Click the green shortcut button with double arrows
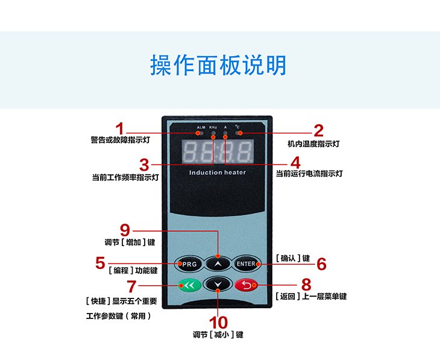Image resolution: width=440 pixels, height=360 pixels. click(x=188, y=285)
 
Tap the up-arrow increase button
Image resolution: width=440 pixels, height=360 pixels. click(x=217, y=264)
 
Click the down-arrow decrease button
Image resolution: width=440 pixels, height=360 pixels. click(x=217, y=283)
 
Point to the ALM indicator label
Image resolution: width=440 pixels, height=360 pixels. click(x=201, y=127)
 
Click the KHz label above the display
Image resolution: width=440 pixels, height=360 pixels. click(x=213, y=127)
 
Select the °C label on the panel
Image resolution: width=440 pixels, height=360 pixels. click(x=237, y=127)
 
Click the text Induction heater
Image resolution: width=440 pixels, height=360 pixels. click(x=218, y=172)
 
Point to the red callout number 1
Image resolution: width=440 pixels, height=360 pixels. click(x=120, y=129)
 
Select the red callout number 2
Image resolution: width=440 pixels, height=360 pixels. click(x=318, y=130)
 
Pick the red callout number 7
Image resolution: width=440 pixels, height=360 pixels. click(x=131, y=286)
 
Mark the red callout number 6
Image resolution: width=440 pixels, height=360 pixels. click(x=321, y=264)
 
